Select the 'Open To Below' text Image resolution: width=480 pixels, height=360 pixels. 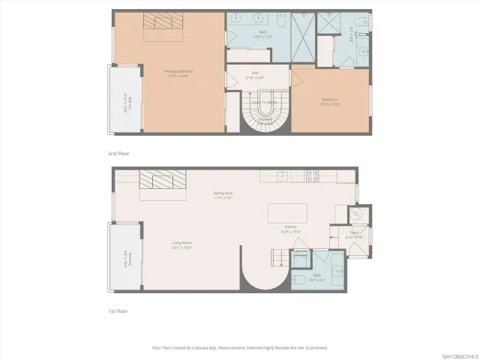coord(265,101)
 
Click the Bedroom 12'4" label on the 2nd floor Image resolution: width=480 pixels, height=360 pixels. coord(330,100)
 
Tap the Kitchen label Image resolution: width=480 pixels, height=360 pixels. coord(291,229)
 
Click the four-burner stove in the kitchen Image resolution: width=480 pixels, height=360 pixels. coord(311,176)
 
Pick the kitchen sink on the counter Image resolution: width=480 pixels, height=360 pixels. coord(282,176)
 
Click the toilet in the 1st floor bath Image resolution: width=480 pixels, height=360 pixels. coord(298,280)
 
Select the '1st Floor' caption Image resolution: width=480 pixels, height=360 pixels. coord(119,309)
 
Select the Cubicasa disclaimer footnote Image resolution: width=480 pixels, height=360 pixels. coord(239,348)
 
